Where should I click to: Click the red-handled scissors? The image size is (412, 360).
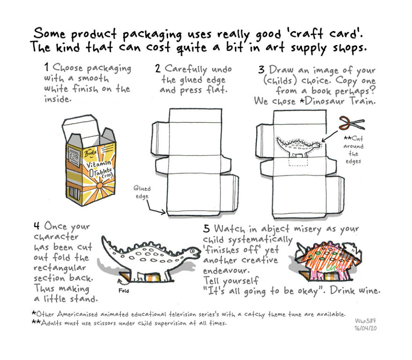(x=351, y=123)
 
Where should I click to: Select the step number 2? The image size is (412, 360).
(x=158, y=68)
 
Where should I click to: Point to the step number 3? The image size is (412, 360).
(x=261, y=70)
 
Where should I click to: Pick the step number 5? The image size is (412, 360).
(x=206, y=228)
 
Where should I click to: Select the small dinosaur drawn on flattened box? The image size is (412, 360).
(x=299, y=145)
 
